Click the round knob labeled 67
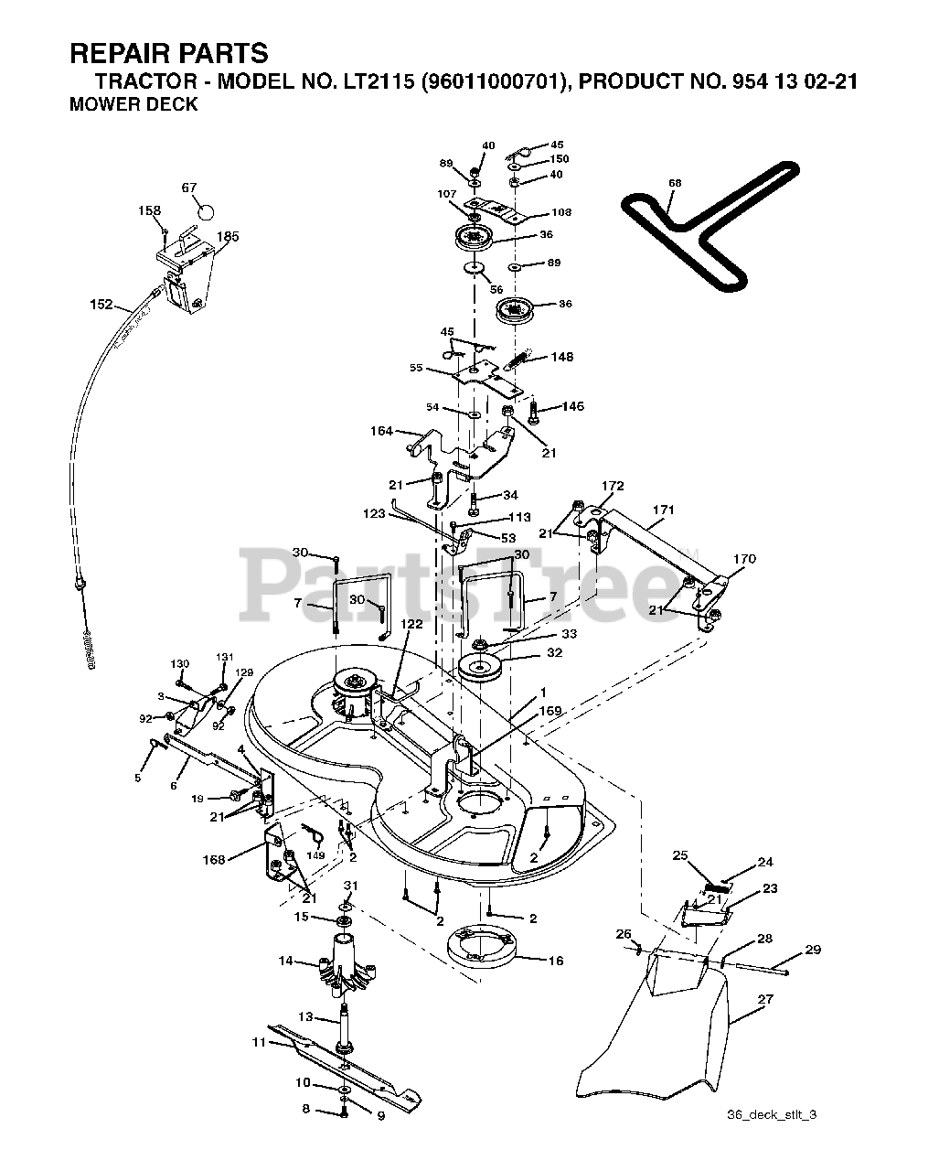205,211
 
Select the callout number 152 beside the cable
101,304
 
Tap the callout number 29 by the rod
813,950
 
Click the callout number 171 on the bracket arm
663,510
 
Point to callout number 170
744,559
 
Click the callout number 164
381,431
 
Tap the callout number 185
228,237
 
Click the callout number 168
214,860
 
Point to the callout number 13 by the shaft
305,1016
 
